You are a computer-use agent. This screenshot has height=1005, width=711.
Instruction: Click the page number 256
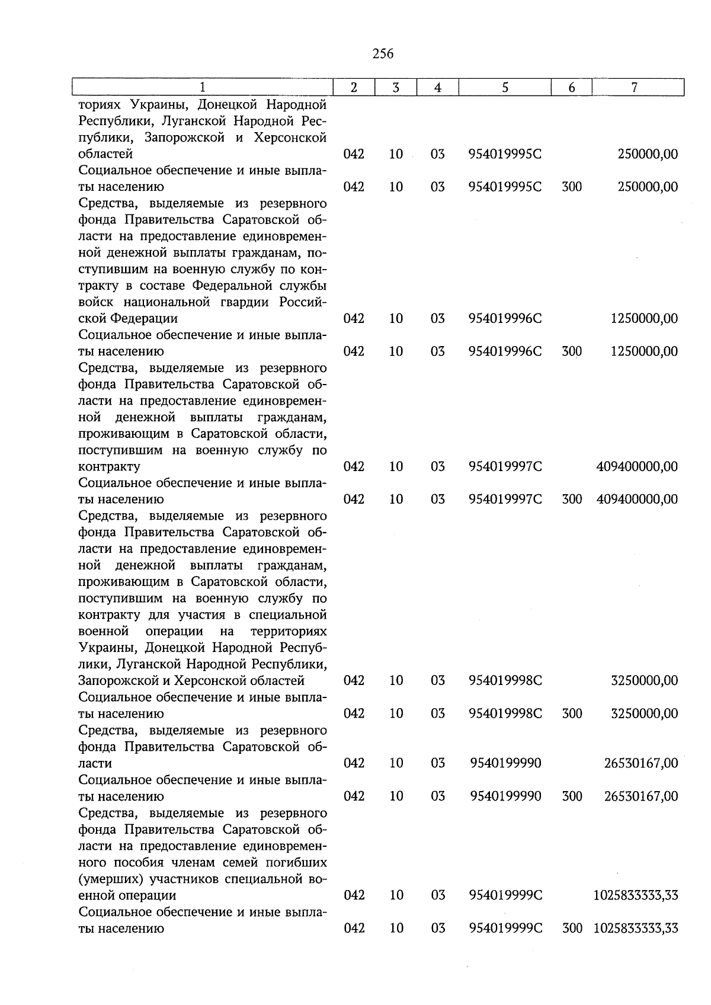(x=383, y=54)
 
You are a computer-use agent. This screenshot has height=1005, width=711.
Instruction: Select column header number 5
(x=505, y=88)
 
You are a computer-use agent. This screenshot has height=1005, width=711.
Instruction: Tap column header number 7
(x=635, y=88)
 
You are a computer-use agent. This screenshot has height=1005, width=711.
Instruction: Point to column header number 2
(x=354, y=88)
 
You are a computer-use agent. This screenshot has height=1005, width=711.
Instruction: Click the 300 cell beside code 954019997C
(x=572, y=500)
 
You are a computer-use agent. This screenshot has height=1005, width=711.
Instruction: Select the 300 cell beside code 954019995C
(x=572, y=187)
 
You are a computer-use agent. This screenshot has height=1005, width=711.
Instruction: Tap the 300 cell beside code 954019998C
(x=572, y=713)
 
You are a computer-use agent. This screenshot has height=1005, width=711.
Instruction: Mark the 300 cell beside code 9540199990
(x=572, y=796)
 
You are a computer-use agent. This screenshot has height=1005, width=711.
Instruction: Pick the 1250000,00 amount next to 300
(x=644, y=351)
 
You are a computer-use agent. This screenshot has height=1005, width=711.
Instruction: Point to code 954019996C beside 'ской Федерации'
(x=505, y=319)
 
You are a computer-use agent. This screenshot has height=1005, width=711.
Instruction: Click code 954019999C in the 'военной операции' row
(x=505, y=895)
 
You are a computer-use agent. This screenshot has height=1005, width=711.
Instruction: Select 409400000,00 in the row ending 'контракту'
(x=637, y=467)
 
